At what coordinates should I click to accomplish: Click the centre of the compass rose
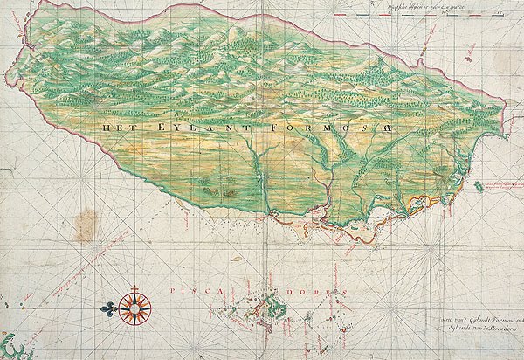[135, 308]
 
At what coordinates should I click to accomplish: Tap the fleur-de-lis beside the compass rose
[109, 308]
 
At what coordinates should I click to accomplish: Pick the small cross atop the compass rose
[135, 287]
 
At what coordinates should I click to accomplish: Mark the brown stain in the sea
[86, 225]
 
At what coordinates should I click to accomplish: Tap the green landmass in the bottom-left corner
[14, 346]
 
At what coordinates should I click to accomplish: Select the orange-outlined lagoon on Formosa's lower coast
[419, 204]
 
